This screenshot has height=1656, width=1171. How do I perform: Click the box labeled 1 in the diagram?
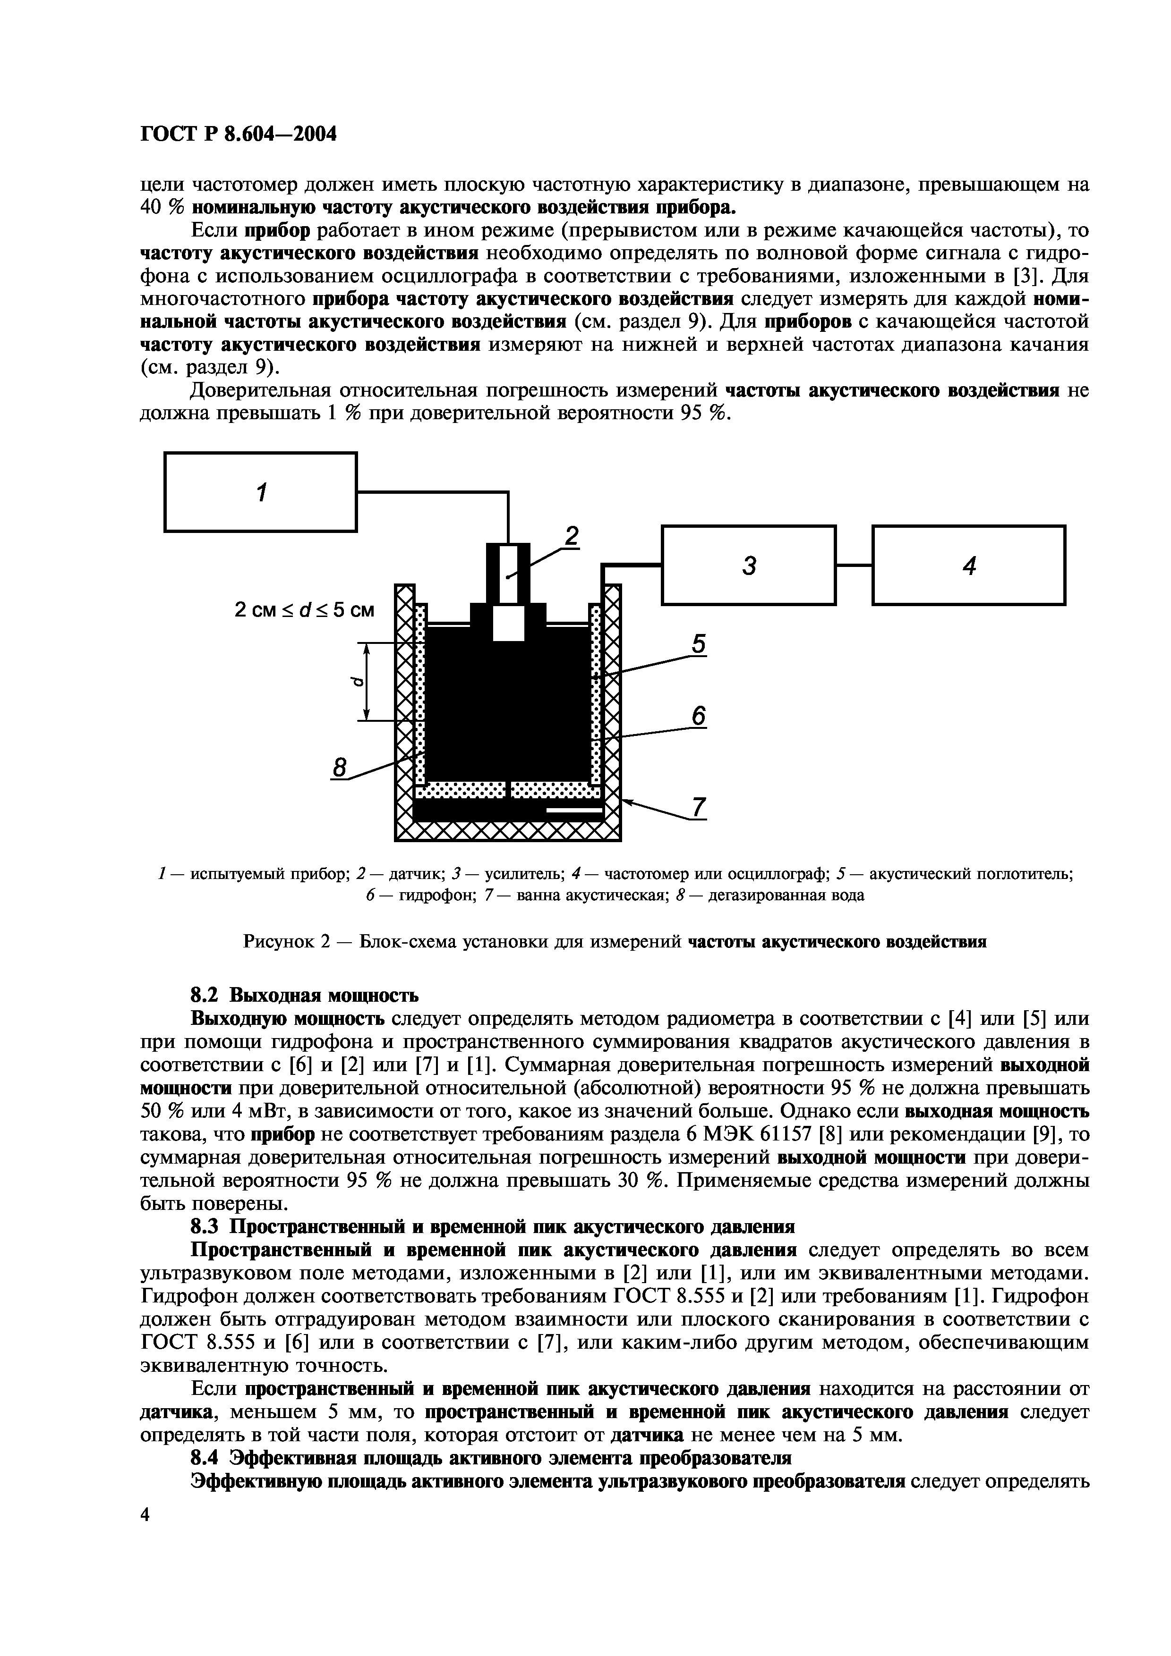260,492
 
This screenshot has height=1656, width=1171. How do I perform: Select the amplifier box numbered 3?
748,565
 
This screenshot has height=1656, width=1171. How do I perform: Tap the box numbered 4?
968,565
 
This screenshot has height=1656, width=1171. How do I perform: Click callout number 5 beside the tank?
698,643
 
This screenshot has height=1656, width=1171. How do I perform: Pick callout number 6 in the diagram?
698,716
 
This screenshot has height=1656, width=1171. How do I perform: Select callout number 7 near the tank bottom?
698,808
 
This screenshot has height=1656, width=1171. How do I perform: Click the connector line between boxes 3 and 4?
854,565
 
